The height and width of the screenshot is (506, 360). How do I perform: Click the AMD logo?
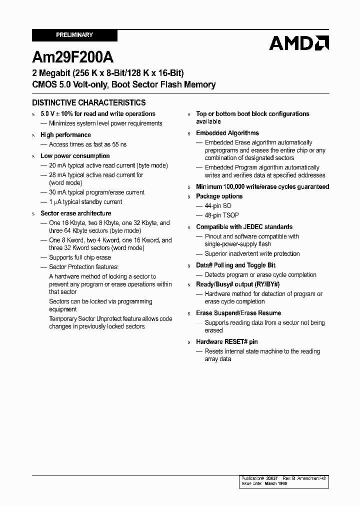pos(298,43)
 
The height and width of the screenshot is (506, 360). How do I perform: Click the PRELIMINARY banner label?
pos(74,35)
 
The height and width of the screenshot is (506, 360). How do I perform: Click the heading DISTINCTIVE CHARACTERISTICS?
pos(89,102)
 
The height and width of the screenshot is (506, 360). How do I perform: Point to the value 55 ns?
pos(119,144)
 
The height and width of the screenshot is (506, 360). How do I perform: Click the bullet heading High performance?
pos(65,135)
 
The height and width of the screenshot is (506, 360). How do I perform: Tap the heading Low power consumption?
pos(75,156)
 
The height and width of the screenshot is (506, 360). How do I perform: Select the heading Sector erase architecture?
pos(75,213)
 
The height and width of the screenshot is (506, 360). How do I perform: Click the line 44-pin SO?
pos(218,206)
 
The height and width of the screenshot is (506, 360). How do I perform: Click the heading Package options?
pos(219,196)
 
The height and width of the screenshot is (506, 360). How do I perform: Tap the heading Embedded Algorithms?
pos(227,133)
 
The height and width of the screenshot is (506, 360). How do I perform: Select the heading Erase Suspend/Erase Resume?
pos(238,313)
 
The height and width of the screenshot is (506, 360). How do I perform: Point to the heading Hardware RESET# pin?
pos(227,342)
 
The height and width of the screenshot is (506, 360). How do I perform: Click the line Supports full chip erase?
pos(80,257)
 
